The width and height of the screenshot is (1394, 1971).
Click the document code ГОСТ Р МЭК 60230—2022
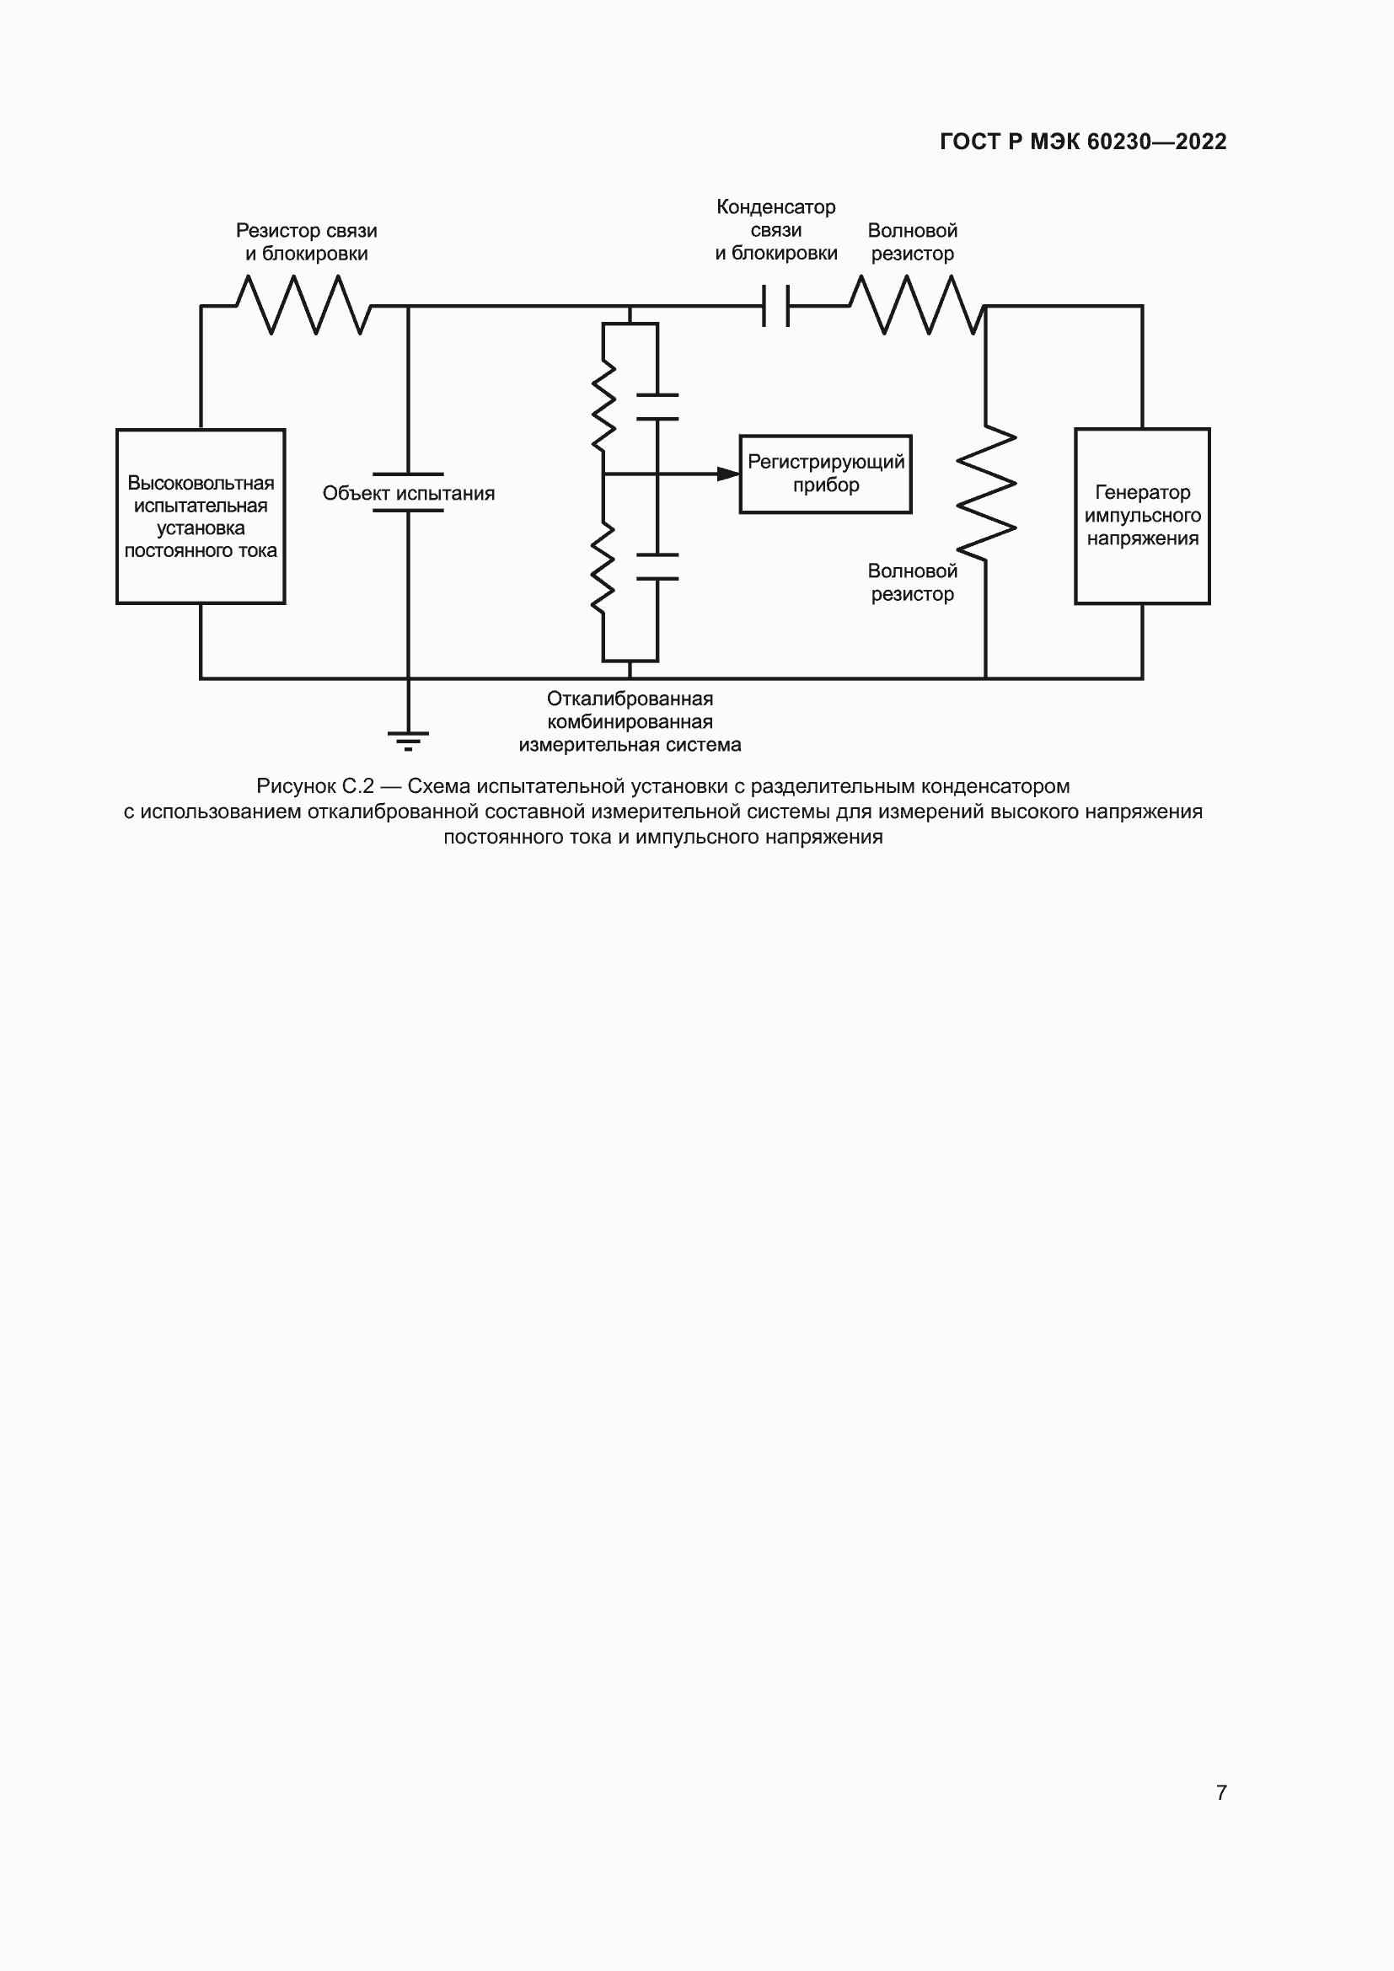1082,142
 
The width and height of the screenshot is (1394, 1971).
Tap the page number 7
1220,1792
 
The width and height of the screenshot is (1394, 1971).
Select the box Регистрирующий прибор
825,474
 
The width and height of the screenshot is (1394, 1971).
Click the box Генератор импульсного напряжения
1142,516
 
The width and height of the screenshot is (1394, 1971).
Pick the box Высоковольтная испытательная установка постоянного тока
201,516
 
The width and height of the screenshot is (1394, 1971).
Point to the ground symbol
408,739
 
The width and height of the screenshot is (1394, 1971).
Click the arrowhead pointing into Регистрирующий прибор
728,474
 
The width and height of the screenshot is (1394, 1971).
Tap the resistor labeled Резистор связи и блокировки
304,305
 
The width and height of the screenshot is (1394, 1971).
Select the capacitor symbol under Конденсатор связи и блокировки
776,306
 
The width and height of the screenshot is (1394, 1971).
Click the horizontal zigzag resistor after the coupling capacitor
915,305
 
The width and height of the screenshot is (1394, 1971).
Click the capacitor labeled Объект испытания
408,493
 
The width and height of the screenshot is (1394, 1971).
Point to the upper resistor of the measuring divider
603,407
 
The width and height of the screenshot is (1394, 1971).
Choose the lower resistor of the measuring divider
603,567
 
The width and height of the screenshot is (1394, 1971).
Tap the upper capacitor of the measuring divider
657,407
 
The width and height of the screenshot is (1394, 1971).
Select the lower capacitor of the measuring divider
657,566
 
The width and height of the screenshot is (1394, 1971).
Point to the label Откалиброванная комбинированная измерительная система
630,722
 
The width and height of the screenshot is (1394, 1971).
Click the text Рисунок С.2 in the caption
315,786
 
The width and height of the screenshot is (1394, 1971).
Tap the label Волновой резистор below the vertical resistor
912,582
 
